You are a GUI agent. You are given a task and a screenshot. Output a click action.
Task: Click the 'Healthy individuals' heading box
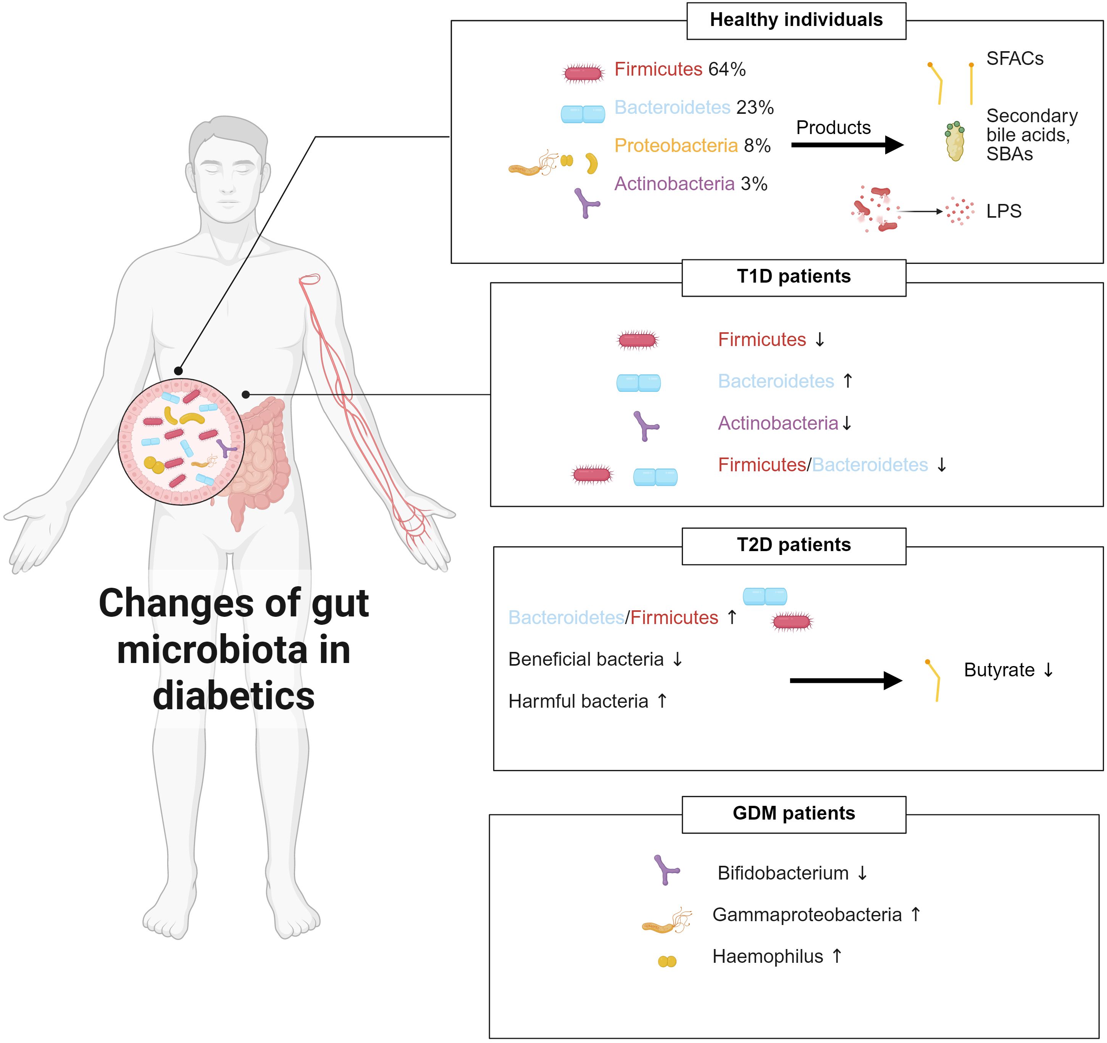coord(796,21)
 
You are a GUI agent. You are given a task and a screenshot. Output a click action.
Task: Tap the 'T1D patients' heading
coord(794,277)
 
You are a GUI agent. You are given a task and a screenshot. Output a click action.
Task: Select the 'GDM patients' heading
coord(794,813)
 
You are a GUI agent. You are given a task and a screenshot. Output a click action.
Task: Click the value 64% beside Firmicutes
coord(727,70)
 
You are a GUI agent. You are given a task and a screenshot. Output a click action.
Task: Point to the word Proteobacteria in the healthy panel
coord(675,146)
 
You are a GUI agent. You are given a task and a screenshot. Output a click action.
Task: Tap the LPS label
coord(1004,212)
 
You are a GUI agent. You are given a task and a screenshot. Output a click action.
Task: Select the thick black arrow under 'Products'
coord(846,146)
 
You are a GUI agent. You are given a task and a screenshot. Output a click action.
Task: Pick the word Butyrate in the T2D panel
coord(999,670)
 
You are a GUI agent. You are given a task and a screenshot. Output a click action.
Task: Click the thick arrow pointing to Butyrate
coord(845,681)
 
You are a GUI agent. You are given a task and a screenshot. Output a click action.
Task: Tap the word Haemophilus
coord(767,957)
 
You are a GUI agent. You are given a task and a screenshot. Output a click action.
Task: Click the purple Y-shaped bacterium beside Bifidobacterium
coord(665,870)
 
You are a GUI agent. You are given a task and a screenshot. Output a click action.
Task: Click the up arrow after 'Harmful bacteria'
coord(662,701)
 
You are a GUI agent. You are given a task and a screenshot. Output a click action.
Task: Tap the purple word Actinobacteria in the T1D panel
coord(777,424)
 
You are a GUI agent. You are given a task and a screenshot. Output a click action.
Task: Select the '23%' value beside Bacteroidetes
coord(755,108)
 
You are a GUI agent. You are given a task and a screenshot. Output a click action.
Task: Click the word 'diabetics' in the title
coord(234,697)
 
